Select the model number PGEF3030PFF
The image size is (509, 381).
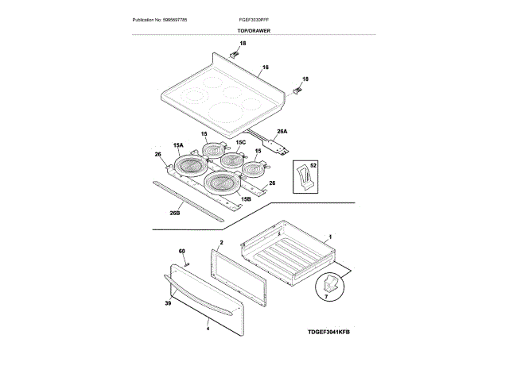(254, 19)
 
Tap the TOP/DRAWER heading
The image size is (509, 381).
(254, 31)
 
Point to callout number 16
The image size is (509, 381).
(265, 67)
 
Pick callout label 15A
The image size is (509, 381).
(178, 146)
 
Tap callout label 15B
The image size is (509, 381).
(246, 198)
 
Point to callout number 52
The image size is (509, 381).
(313, 165)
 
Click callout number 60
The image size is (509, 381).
(181, 252)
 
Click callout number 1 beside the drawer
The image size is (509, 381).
(330, 237)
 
